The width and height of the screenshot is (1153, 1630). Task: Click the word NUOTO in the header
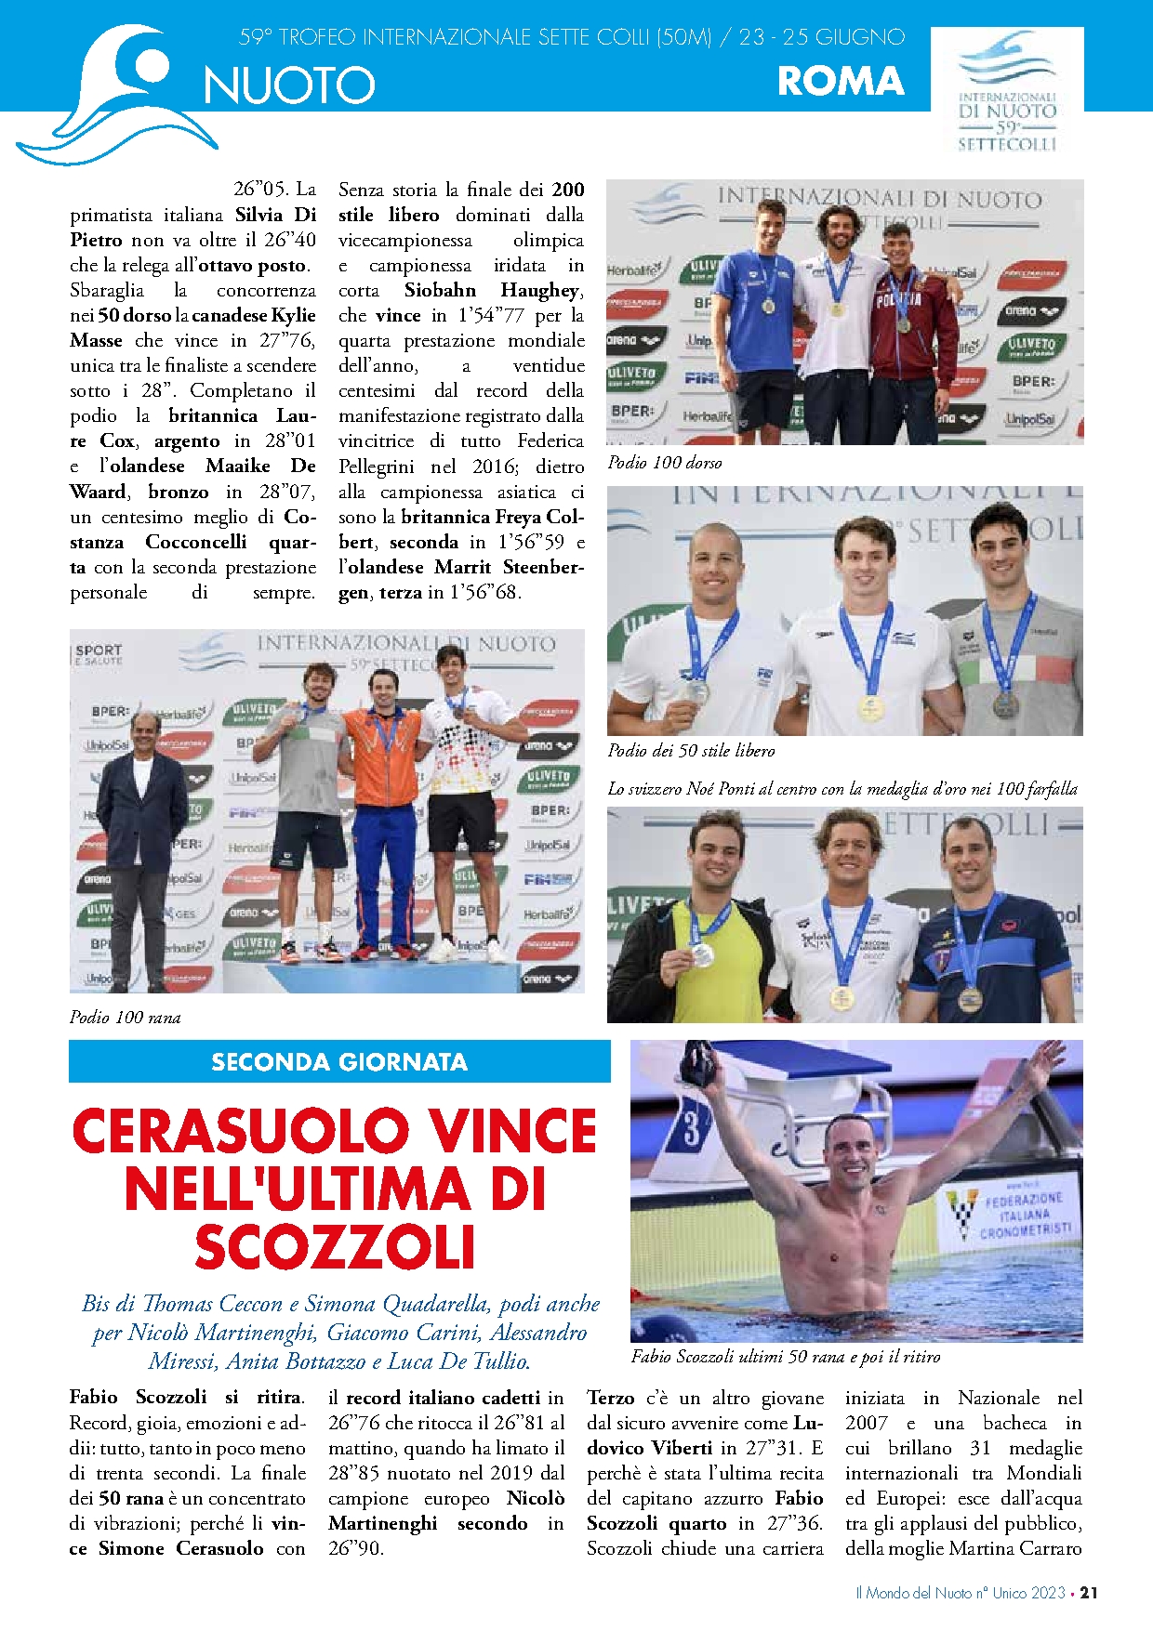(289, 85)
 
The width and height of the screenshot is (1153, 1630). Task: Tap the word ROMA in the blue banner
(841, 81)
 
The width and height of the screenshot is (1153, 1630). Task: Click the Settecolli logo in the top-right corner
(1007, 91)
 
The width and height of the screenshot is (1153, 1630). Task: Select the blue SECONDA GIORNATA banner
(339, 1061)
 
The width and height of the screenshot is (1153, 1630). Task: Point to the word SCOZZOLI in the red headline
(335, 1247)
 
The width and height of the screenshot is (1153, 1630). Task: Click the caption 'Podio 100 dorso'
(664, 463)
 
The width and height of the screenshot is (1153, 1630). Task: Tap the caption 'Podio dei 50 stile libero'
(691, 751)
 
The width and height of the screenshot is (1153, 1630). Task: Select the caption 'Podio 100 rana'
(125, 1018)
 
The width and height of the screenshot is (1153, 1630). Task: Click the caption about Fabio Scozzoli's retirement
(785, 1357)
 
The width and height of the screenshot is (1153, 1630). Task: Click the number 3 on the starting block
(692, 1129)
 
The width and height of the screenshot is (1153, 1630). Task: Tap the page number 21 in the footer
(1089, 1593)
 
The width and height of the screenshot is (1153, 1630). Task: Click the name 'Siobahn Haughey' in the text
(493, 290)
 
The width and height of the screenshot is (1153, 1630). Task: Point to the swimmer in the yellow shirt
(697, 939)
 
